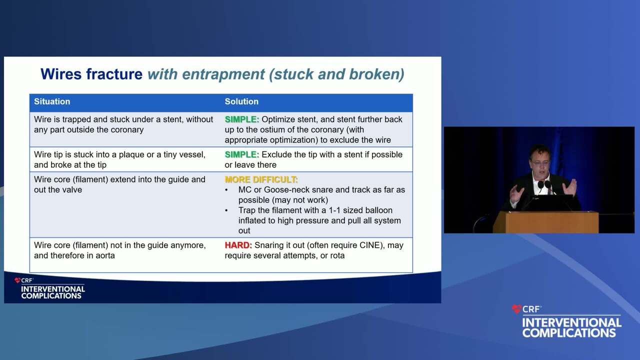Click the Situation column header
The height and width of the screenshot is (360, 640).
(52, 101)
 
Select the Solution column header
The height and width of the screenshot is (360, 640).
(241, 101)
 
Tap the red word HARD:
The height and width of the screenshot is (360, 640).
(238, 245)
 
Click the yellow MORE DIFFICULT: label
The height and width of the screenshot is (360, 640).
(261, 179)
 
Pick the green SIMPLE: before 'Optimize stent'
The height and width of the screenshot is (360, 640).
(241, 119)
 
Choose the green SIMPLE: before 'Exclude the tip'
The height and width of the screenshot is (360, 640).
(241, 154)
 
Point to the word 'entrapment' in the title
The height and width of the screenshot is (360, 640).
(223, 75)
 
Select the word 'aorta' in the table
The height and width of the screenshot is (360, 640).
(105, 255)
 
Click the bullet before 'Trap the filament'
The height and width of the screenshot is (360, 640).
(226, 210)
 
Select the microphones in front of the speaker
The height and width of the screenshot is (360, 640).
(544, 185)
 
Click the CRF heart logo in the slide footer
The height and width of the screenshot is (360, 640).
(17, 280)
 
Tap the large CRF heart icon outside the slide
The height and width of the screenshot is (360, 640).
(516, 309)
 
